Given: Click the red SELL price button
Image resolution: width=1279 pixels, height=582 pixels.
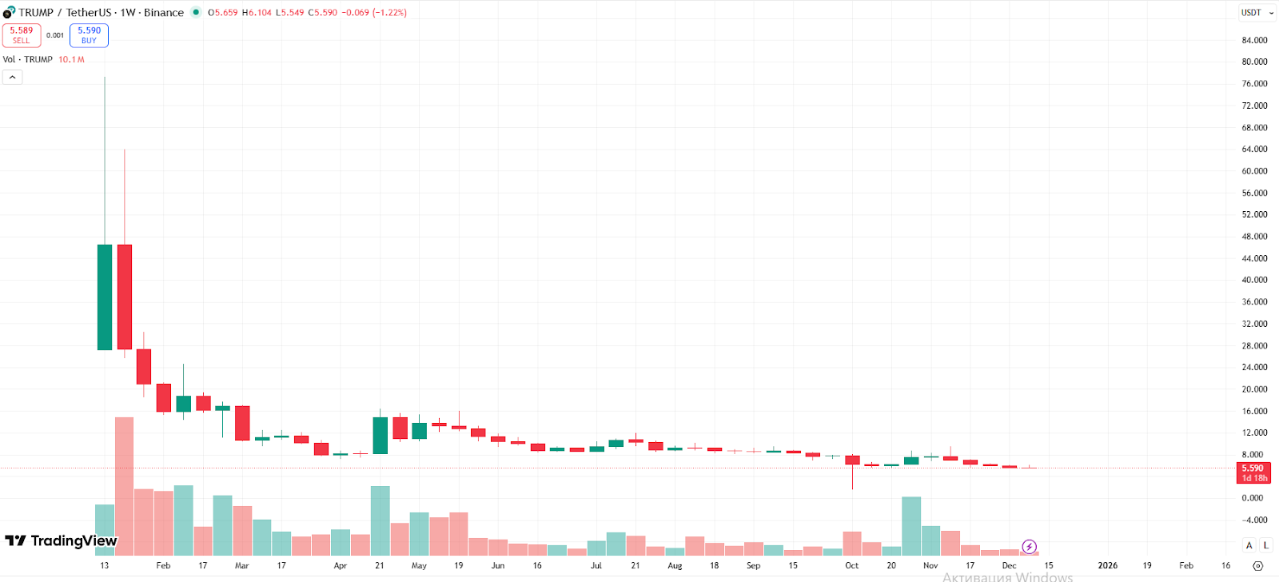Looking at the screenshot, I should (22, 35).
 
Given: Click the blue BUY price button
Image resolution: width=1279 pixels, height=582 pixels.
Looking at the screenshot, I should (89, 35).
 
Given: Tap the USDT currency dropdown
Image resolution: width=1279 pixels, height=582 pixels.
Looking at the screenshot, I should (1257, 13).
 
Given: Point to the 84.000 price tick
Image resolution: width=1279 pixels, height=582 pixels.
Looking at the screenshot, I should (1254, 40).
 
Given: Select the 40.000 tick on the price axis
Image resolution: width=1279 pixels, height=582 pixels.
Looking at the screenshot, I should (1254, 280).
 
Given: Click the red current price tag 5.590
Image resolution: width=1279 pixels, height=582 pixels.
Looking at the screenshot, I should (1253, 472).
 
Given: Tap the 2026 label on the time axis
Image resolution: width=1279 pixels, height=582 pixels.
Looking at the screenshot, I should (1107, 565).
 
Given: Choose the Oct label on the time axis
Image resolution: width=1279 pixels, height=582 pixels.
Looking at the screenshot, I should (851, 565).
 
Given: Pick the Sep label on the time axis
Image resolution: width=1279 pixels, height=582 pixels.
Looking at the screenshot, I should (753, 565).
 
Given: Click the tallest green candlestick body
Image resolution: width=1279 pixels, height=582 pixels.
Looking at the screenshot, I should (105, 297).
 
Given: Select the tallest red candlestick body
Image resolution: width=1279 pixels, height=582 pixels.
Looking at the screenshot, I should (125, 297).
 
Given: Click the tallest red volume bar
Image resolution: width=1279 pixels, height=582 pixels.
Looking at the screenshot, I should (125, 486).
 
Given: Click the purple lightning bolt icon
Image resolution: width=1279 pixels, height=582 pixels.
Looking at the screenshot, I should (1029, 547).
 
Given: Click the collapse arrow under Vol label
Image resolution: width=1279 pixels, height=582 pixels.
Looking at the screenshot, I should (12, 77).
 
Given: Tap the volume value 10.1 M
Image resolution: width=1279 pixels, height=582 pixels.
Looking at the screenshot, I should (71, 60).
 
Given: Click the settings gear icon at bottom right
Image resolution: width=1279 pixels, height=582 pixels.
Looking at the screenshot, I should (1257, 565).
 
